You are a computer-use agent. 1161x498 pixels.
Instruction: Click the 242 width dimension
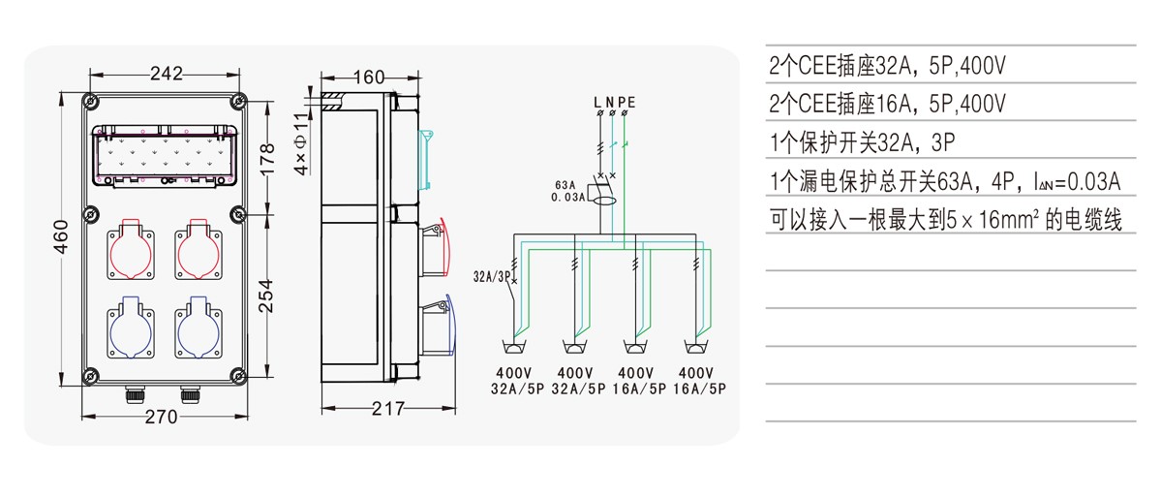point(166,73)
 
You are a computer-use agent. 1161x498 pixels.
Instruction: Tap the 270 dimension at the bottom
point(161,418)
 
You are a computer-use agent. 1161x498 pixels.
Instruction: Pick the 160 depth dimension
point(370,78)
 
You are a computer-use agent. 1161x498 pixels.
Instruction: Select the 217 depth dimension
point(388,408)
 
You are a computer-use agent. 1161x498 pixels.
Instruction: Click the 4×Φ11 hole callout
point(300,143)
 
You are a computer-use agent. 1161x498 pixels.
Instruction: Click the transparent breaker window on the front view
point(165,155)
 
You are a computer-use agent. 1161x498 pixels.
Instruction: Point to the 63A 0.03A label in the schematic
point(568,191)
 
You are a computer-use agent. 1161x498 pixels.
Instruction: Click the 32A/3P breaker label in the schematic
point(493,277)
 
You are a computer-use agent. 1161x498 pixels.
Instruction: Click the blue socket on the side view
point(436,327)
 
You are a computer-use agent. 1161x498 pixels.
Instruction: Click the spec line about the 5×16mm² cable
point(945,220)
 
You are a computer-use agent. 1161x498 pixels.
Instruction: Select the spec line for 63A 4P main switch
point(945,181)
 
